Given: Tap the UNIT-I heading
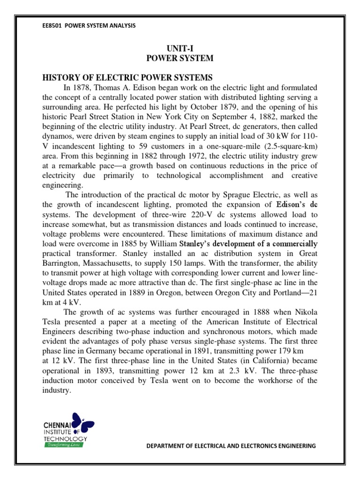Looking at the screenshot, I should click(x=180, y=49).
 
